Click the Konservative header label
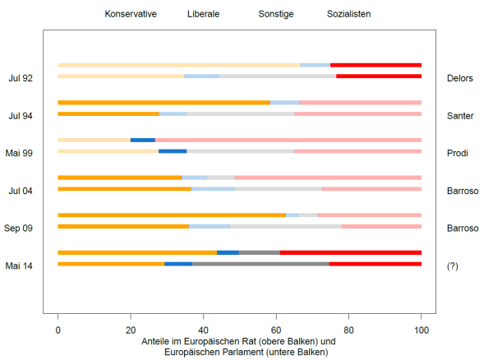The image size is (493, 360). click(131, 15)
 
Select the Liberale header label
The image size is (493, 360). click(203, 15)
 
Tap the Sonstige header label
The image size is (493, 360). click(275, 15)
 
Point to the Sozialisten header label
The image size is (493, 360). click(348, 15)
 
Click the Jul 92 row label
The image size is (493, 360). click(21, 78)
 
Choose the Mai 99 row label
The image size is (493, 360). click(20, 154)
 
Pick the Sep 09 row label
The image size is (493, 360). click(18, 228)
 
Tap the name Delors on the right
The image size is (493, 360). click(460, 78)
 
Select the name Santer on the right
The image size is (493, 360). click(460, 116)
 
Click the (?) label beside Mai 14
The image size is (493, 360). click(452, 265)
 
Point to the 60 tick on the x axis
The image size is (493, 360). click(276, 329)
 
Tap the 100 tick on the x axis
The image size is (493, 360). click(422, 329)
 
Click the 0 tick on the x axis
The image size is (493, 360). click(58, 329)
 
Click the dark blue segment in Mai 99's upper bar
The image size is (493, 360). click(143, 140)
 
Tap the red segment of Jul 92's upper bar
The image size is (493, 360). click(376, 64)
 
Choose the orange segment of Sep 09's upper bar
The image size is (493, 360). click(172, 215)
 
